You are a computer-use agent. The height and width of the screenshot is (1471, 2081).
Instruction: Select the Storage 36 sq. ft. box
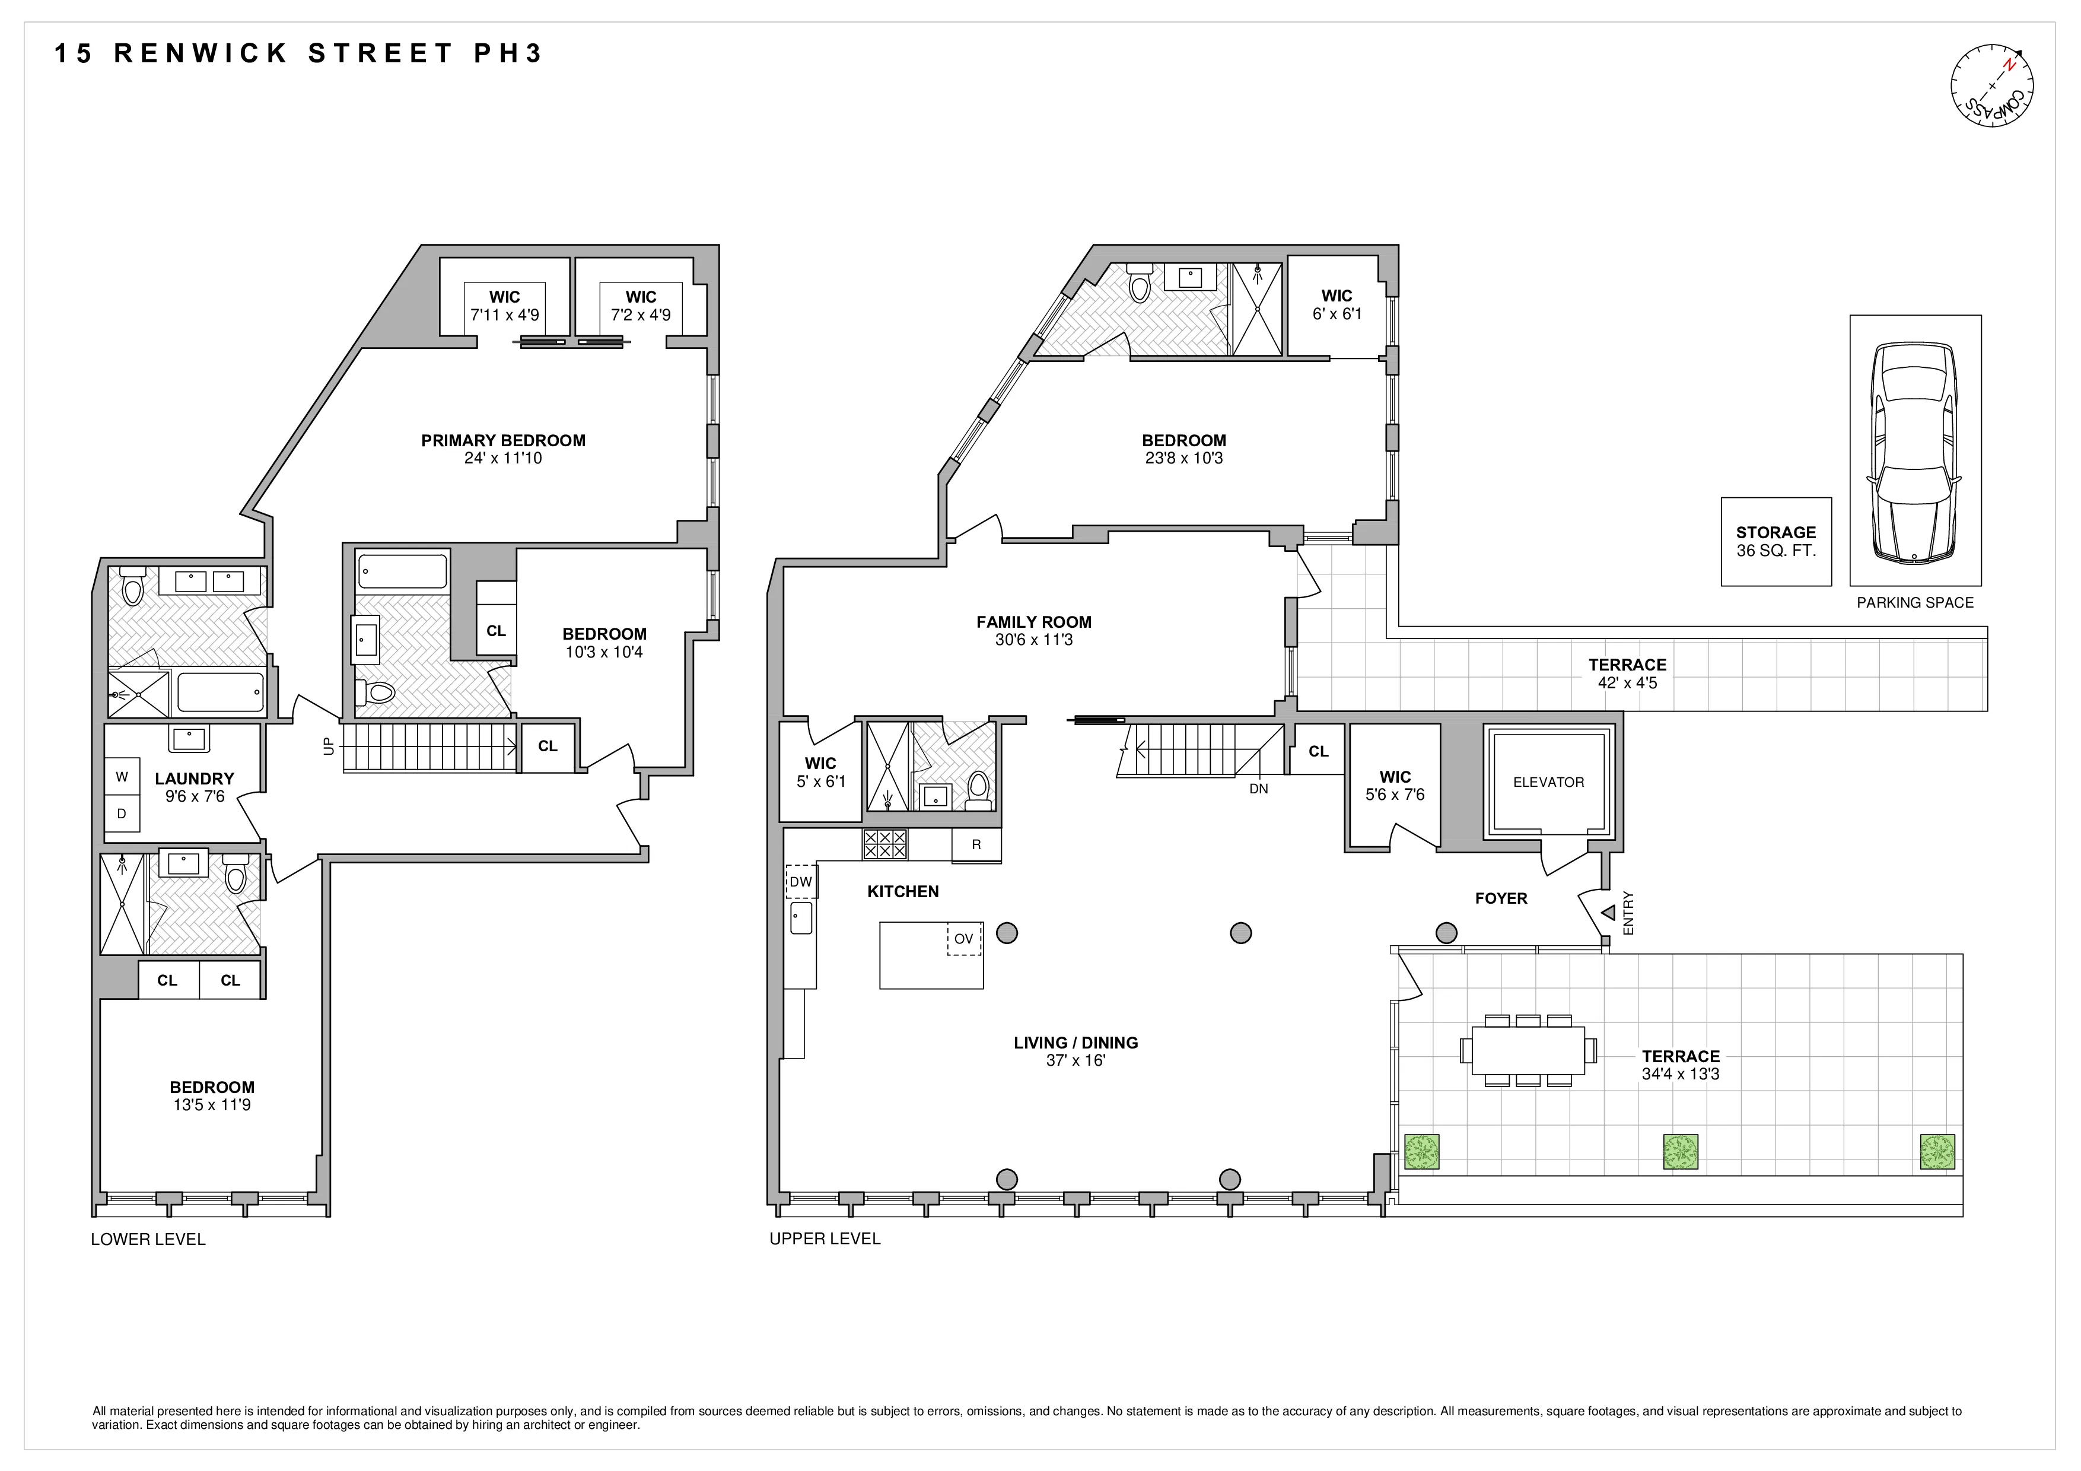coord(1775,541)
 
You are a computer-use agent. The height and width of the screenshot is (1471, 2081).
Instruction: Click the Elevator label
coord(1548,782)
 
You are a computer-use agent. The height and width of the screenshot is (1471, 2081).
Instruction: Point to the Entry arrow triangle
coord(1608,913)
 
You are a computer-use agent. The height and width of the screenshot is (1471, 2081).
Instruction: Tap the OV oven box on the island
coord(963,939)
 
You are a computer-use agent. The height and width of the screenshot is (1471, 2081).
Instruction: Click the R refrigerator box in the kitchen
coord(976,845)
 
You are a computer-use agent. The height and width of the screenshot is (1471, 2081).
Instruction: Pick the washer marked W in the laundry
coord(122,777)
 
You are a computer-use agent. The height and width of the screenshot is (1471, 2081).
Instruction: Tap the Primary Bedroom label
coord(503,440)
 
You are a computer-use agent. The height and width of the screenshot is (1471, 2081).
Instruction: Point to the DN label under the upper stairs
coord(1258,789)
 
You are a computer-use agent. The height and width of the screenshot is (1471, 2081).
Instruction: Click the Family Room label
coord(1033,622)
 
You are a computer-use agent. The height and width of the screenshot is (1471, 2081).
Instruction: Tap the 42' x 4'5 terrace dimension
coord(1627,682)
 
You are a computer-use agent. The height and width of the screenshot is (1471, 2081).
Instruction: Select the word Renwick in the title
coord(201,53)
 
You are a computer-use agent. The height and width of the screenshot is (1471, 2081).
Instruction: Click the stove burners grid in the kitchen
coord(884,845)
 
